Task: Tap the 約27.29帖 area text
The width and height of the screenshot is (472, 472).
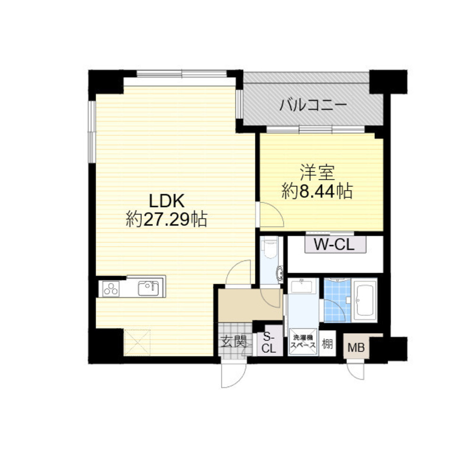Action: (166, 219)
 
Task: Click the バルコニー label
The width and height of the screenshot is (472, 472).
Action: (313, 104)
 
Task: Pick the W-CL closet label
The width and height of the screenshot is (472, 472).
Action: (335, 245)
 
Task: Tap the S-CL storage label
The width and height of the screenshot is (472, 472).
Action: (269, 343)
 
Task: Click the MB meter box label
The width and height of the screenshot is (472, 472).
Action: (356, 349)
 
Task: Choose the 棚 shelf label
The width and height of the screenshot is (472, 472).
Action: (327, 343)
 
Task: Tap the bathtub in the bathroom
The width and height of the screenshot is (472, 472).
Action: (366, 300)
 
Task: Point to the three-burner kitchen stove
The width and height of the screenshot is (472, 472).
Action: (111, 288)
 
